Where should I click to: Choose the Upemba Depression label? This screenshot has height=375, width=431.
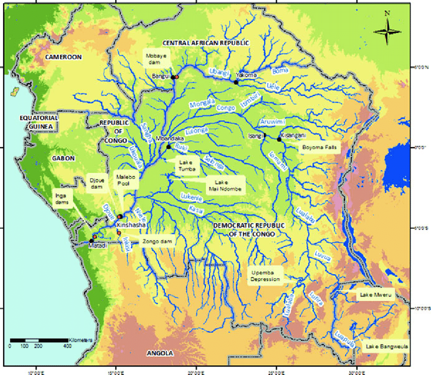[263, 276]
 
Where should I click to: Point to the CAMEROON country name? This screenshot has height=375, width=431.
[63, 57]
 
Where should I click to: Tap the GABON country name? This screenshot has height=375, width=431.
[63, 158]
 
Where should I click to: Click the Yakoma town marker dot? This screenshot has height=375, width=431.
[236, 82]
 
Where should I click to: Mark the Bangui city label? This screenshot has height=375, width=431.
[161, 77]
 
